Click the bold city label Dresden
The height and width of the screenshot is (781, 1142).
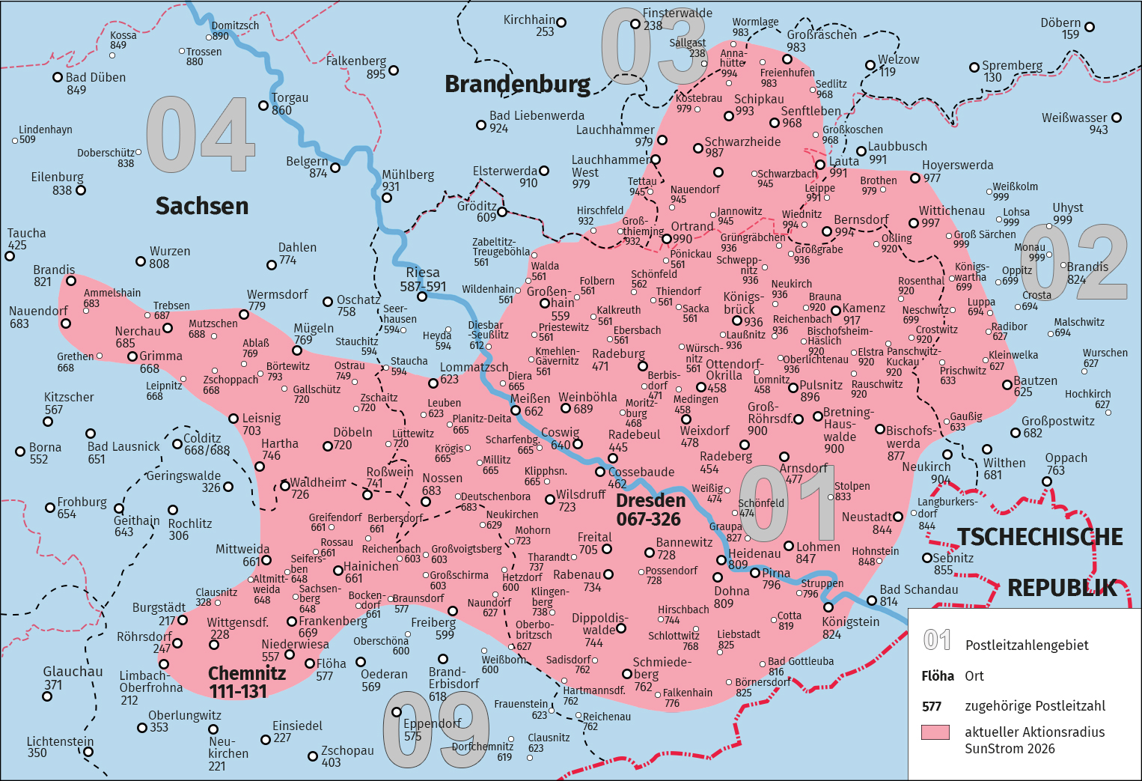[650, 500]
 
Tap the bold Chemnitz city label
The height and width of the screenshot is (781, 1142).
[246, 673]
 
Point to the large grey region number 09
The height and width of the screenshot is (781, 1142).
[436, 729]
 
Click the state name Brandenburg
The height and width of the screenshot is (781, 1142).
[517, 84]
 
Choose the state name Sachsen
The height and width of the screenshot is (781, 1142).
[201, 206]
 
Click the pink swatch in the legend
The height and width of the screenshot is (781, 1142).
[935, 732]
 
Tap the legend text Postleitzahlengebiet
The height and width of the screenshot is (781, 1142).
[1027, 645]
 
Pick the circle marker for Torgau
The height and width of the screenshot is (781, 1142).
[263, 106]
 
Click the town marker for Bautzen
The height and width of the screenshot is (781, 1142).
[1007, 385]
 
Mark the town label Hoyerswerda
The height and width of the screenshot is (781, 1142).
[957, 165]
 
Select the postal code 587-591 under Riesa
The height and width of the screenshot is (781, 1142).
[423, 286]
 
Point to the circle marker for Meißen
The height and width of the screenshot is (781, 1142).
[516, 410]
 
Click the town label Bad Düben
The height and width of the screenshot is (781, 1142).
[96, 77]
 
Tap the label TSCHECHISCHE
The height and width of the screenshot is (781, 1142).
[1040, 537]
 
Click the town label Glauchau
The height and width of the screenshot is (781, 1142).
[73, 672]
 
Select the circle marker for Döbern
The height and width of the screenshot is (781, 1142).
[1090, 27]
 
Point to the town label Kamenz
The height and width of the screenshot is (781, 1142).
[864, 308]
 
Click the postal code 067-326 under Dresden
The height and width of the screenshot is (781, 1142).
[648, 519]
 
